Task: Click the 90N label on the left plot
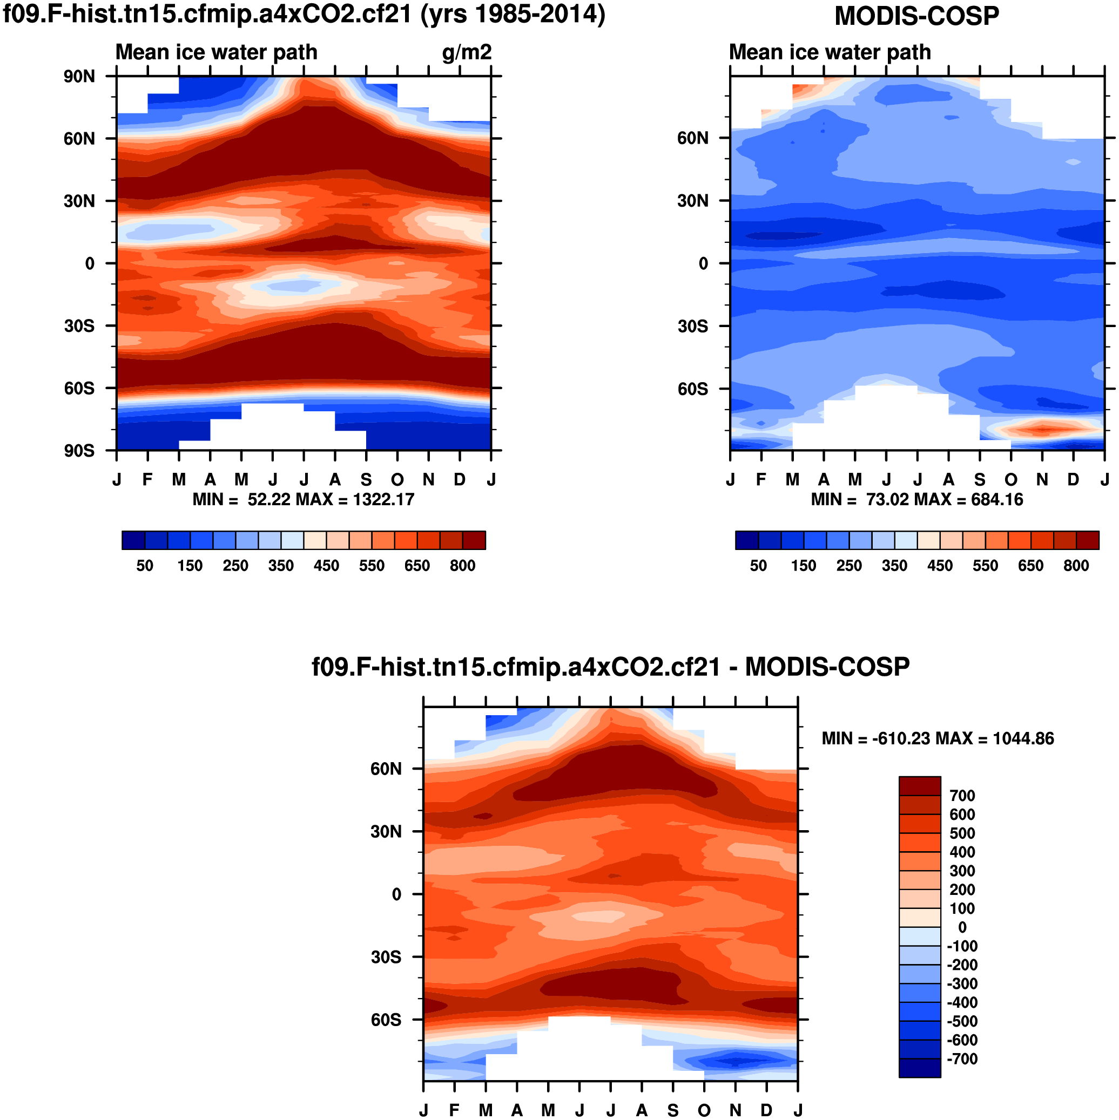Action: tap(79, 77)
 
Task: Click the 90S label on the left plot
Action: tap(79, 451)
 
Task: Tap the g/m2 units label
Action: tap(467, 52)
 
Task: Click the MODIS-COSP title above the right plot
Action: tap(916, 16)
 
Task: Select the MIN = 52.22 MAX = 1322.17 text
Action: tap(304, 499)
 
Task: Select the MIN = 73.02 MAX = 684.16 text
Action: tap(916, 499)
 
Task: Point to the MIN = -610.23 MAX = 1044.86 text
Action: tap(938, 738)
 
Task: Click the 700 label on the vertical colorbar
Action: tap(962, 796)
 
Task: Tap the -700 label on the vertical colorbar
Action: tap(962, 1058)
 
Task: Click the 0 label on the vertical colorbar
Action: tap(962, 927)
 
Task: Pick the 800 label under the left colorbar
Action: tap(462, 565)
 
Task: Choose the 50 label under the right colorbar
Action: tap(758, 565)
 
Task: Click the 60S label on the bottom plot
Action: tap(386, 1020)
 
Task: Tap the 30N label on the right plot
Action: tap(693, 201)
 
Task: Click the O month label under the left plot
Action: tap(397, 480)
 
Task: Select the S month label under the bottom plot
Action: tap(673, 1110)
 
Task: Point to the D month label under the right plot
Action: tap(1073, 480)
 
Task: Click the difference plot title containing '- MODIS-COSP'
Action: tap(610, 667)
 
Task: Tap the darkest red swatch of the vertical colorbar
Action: tap(919, 786)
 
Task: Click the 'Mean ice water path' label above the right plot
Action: tap(830, 52)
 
